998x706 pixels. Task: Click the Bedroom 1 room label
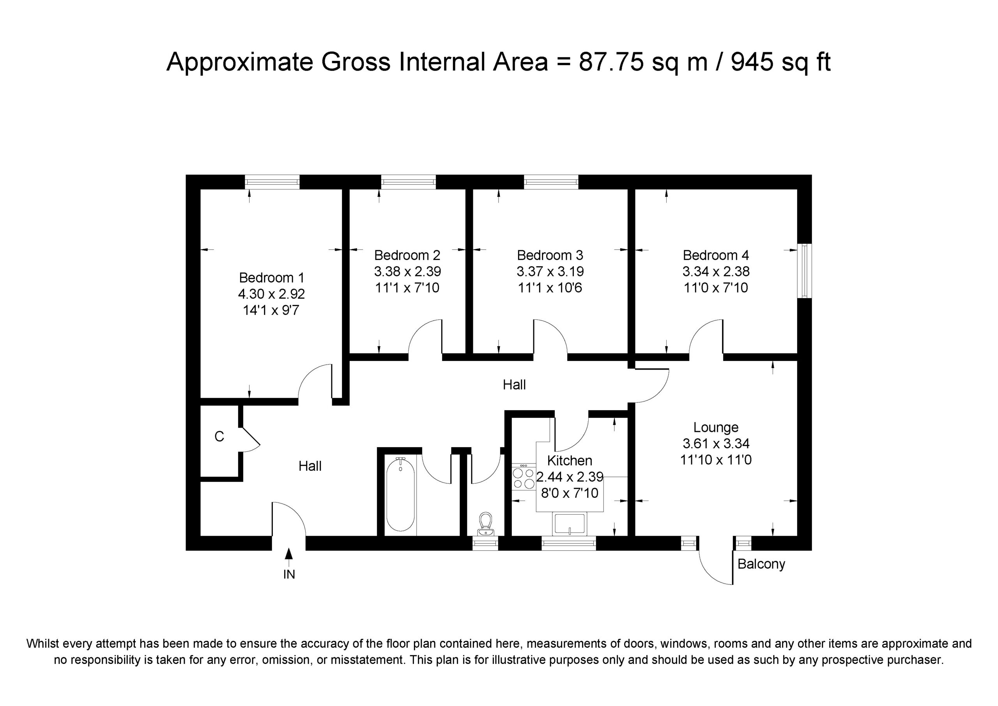coord(272,277)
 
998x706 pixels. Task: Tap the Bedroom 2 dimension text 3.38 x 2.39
coord(407,271)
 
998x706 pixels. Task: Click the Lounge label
coord(716,427)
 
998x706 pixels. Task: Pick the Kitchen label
coord(570,460)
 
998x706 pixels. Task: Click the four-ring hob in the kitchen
coord(524,477)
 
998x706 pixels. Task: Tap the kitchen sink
coord(569,524)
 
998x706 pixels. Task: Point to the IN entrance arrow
coord(288,558)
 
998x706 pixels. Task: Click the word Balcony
coord(761,564)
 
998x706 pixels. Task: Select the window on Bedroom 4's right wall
coord(805,271)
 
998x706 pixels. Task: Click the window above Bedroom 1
coord(272,182)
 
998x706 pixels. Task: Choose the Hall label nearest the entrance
coord(310,466)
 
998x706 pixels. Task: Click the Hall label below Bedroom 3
coord(514,385)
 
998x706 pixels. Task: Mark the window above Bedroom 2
coord(409,182)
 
